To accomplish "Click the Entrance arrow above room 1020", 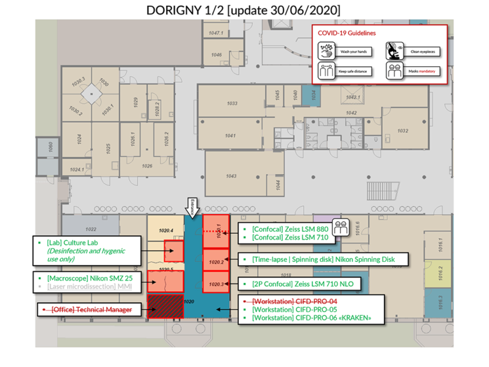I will click(x=193, y=206).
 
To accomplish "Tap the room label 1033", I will click(x=232, y=103).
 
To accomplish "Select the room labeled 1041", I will click(x=230, y=136).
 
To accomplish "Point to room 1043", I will click(x=230, y=176).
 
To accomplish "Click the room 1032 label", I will click(x=402, y=131).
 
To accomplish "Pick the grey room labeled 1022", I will click(x=90, y=229).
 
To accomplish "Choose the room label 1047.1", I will click(x=216, y=33).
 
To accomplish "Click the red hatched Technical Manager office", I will click(x=166, y=306).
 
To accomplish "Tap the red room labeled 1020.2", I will click(x=216, y=261).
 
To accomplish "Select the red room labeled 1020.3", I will click(x=216, y=284).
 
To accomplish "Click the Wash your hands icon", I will click(x=327, y=50).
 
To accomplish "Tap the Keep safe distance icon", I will click(x=327, y=71).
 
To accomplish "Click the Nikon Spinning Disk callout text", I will click(x=323, y=259).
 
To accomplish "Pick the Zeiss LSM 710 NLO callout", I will click(x=302, y=284).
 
